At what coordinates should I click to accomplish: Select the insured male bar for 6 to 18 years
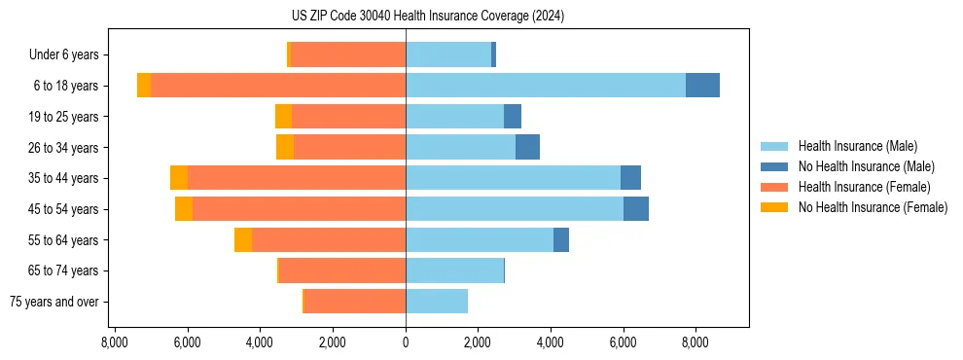[x=546, y=86]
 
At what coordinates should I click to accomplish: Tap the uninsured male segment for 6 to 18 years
[x=702, y=86]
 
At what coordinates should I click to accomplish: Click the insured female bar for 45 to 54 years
[x=299, y=209]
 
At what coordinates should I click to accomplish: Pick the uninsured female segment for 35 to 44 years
[x=179, y=178]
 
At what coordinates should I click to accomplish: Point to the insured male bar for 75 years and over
[x=437, y=302]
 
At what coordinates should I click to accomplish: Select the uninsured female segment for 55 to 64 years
[x=243, y=240]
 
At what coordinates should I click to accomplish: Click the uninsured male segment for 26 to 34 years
[x=527, y=148]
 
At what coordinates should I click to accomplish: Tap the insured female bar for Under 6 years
[x=348, y=55]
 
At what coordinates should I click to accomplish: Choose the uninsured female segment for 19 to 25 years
[x=283, y=117]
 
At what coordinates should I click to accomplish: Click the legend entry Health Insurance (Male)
[x=857, y=146]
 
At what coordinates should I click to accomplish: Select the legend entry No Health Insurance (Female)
[x=873, y=207]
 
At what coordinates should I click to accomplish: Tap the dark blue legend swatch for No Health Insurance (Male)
[x=774, y=166]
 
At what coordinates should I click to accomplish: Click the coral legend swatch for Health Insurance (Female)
[x=774, y=187]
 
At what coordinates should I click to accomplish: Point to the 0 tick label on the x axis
[x=406, y=342]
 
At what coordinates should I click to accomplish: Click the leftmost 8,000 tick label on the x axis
[x=115, y=342]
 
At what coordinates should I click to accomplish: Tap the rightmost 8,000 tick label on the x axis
[x=695, y=342]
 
